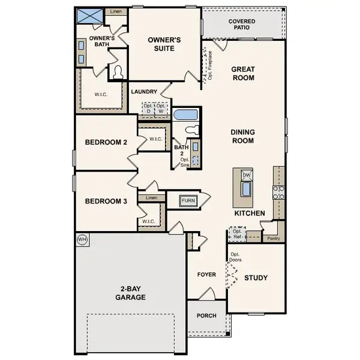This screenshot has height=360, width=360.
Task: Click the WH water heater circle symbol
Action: pyautogui.click(x=81, y=239)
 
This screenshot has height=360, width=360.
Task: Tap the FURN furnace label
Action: pyautogui.click(x=188, y=200)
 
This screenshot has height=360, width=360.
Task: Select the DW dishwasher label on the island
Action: pyautogui.click(x=246, y=175)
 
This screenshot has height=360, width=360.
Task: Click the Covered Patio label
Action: pyautogui.click(x=242, y=25)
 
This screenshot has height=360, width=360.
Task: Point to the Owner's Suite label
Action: pyautogui.click(x=164, y=44)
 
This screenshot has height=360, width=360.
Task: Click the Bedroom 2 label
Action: pyautogui.click(x=106, y=143)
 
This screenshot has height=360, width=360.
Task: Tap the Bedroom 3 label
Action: pyautogui.click(x=106, y=202)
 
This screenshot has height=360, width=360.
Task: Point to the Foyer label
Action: pyautogui.click(x=206, y=275)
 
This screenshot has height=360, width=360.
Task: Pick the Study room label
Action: pyautogui.click(x=256, y=278)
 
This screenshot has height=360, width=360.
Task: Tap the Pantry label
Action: pyautogui.click(x=273, y=238)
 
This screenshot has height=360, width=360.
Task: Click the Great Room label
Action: pyautogui.click(x=243, y=73)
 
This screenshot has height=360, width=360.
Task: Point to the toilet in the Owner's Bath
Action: pyautogui.click(x=118, y=73)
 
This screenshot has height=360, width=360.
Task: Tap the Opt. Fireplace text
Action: pyautogui.click(x=210, y=65)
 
